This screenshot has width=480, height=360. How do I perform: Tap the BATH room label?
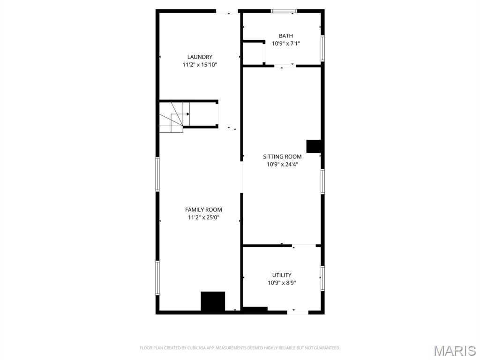(x=286, y=36)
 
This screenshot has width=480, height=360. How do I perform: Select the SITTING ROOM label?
(x=282, y=157)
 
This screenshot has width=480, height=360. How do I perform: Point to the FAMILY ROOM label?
(x=203, y=210)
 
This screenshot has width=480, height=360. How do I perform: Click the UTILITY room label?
(x=282, y=275)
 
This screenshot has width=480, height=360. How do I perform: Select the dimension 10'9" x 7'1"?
(x=286, y=44)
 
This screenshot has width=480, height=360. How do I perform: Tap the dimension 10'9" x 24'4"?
(x=282, y=165)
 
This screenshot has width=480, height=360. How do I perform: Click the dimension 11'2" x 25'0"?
(x=203, y=217)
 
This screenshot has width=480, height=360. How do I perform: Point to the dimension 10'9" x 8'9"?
(x=282, y=283)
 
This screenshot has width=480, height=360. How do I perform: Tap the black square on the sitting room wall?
(x=313, y=146)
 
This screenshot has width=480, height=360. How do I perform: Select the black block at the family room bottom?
(x=213, y=301)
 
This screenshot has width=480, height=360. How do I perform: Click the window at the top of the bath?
(x=284, y=11)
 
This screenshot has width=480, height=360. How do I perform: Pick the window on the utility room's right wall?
(x=322, y=278)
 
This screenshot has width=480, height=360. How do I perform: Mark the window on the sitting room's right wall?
(x=322, y=181)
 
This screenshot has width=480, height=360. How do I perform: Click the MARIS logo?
(x=455, y=350)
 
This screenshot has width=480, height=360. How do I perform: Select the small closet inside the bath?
(x=254, y=53)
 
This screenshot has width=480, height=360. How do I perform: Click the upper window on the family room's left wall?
(x=157, y=174)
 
